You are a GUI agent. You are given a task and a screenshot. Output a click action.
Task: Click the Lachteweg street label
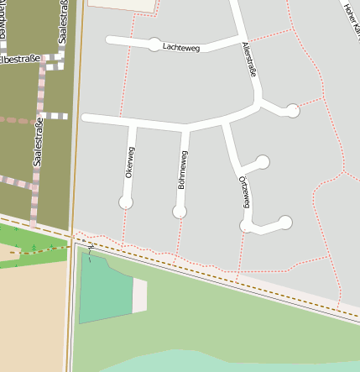pyautogui.click(x=183, y=48)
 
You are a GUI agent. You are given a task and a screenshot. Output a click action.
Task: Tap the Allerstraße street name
pyautogui.click(x=248, y=60)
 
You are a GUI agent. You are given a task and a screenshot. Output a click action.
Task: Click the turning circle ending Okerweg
pyautogui.click(x=126, y=202)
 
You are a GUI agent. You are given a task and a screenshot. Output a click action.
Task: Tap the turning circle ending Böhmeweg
pyautogui.click(x=180, y=212)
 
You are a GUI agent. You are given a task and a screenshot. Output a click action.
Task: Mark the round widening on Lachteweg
pyautogui.click(x=154, y=45)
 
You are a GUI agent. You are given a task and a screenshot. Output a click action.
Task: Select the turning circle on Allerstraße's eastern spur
pyautogui.click(x=292, y=110)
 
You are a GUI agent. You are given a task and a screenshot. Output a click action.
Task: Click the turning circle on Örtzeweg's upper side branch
pyautogui.click(x=263, y=161)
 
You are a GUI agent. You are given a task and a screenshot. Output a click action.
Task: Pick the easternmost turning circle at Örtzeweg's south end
pyautogui.click(x=285, y=223)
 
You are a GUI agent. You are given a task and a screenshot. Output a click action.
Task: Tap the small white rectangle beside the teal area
pyautogui.click(x=139, y=296)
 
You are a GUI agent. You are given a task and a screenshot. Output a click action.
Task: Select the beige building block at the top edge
pyautogui.click(x=123, y=4)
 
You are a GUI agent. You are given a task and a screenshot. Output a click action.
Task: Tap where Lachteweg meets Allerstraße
pyautogui.click(x=240, y=39)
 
